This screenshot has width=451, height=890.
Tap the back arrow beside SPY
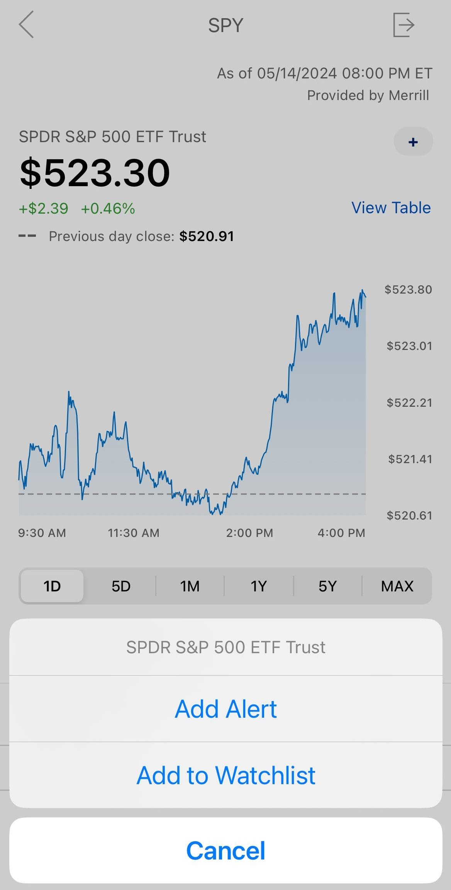coord(26,25)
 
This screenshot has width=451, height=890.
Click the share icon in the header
coord(404,25)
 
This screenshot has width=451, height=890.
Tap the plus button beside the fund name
coord(413,142)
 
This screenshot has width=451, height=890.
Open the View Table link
coord(391,208)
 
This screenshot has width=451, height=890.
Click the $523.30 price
coord(95,173)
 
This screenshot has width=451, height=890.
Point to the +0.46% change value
coord(108,209)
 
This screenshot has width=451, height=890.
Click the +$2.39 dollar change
coord(44,209)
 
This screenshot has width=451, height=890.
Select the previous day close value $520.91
coord(207,236)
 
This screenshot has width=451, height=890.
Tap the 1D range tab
coord(52,586)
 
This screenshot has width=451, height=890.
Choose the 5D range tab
coord(121,586)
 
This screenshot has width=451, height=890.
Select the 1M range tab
coord(190,586)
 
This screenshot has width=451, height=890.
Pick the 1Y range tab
coord(259,586)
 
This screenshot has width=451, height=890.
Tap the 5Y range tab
coord(327,586)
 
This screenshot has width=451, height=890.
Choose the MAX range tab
coord(397,586)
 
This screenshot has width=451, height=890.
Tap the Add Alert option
coord(226,709)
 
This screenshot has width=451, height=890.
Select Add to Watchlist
coord(226,775)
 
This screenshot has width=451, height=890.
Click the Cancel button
coord(226,851)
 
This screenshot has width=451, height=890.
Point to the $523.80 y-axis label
coord(408,290)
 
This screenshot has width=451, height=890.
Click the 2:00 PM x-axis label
coord(249,533)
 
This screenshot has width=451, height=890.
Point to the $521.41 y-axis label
coord(410,459)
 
